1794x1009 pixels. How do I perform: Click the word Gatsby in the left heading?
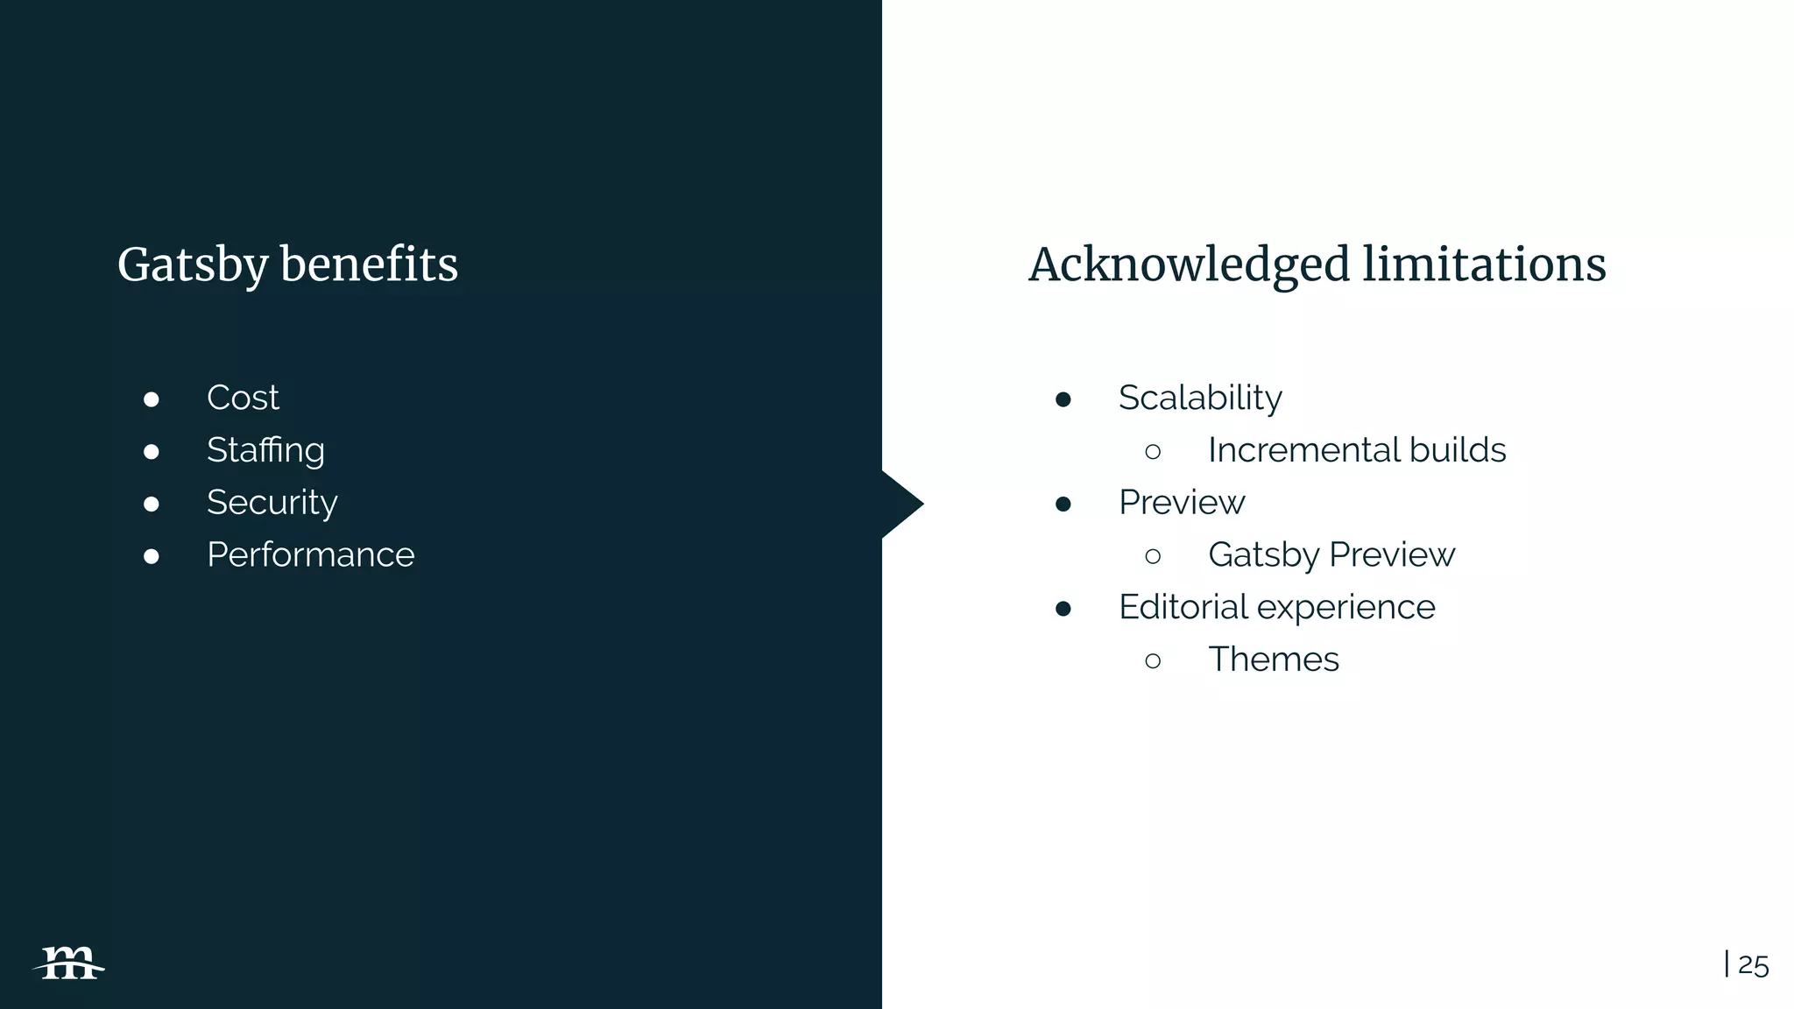[x=192, y=265]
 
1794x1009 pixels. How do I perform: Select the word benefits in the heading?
[x=369, y=265]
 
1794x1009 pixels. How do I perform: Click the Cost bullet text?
[x=243, y=398]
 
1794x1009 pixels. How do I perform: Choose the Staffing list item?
[x=265, y=450]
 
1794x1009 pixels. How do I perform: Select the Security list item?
[x=272, y=503]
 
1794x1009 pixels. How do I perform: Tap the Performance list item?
[x=310, y=555]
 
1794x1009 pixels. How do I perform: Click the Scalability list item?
[x=1200, y=398]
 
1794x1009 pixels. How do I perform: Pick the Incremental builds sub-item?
[x=1356, y=450]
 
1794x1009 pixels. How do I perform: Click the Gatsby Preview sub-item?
[x=1331, y=555]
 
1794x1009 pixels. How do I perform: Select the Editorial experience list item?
[x=1276, y=607]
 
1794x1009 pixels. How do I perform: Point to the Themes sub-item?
[x=1273, y=660]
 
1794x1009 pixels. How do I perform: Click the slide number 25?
[x=1753, y=965]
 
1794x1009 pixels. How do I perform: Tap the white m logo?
[x=69, y=963]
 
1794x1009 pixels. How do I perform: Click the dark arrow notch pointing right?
[x=902, y=504]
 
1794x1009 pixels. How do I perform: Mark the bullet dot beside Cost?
[x=152, y=399]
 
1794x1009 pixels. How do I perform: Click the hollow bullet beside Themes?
[x=1153, y=660]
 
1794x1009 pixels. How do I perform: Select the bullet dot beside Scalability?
[x=1063, y=399]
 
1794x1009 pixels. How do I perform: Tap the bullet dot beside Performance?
[x=152, y=556]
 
